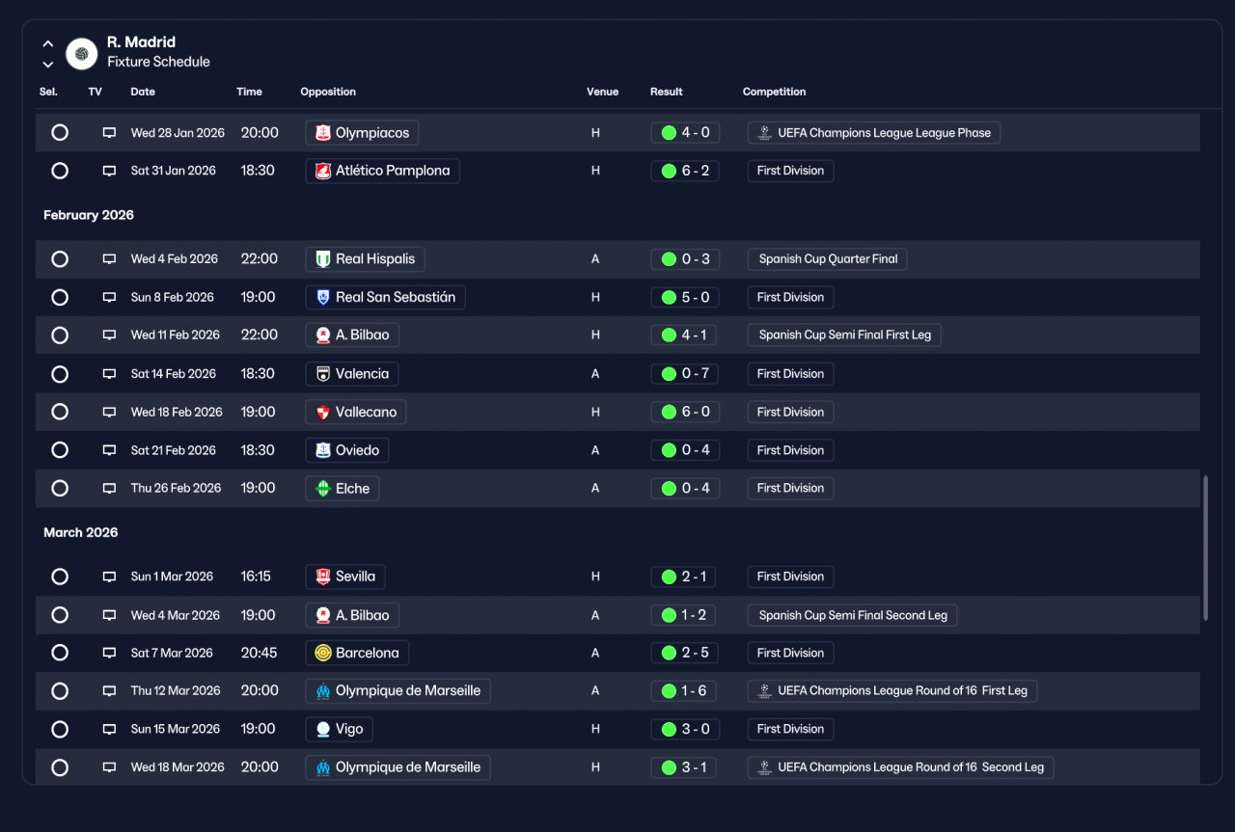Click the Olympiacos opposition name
372,133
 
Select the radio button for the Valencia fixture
60,374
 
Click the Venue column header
602,92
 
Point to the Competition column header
774,92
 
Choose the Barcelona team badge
322,653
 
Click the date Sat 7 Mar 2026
172,653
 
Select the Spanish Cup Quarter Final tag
827,259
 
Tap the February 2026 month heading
88,215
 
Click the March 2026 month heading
80,532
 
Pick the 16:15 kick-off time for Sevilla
256,577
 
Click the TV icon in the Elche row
109,488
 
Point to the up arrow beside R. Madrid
48,43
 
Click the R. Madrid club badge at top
82,53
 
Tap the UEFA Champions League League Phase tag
874,133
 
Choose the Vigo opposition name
349,729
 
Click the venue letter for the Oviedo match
595,450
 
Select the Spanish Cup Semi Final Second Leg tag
852,615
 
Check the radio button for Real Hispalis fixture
60,259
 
